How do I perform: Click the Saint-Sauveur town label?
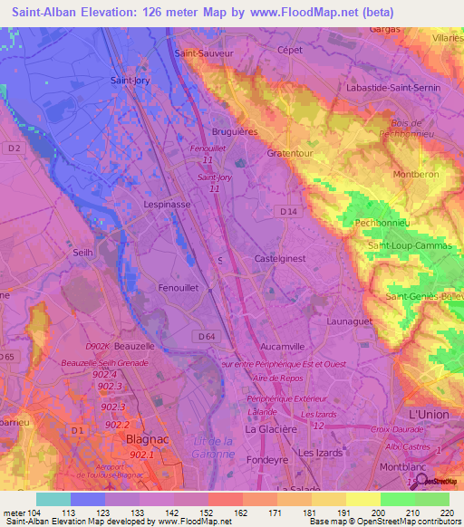pyautogui.click(x=209, y=53)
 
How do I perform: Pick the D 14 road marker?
pyautogui.click(x=288, y=212)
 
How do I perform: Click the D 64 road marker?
pyautogui.click(x=206, y=337)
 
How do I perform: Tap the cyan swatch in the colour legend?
pyautogui.click(x=53, y=499)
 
